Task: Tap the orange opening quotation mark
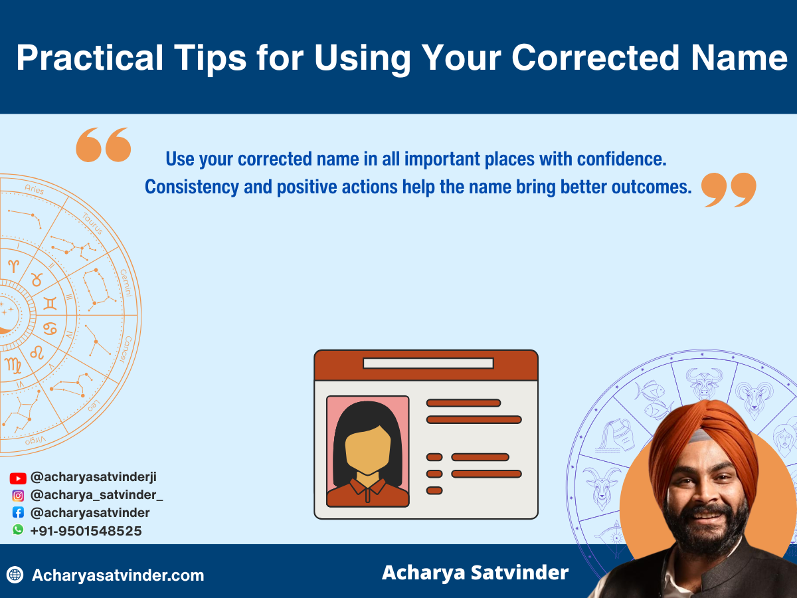103,145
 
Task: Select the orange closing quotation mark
729,190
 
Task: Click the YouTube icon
18,478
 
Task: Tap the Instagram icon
18,495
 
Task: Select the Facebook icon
18,512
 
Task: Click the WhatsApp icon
18,530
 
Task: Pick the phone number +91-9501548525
86,531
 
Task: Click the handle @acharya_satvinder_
96,495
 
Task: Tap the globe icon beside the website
15,575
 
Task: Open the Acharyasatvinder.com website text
118,575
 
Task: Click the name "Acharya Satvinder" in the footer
475,572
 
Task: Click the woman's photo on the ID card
368,452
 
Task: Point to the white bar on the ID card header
428,363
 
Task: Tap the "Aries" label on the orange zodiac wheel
34,190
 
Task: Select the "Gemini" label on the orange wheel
126,282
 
